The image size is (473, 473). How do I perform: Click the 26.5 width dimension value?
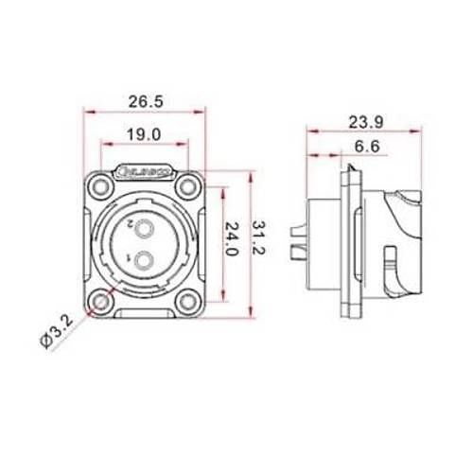(142, 100)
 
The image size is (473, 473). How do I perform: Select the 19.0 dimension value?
(142, 134)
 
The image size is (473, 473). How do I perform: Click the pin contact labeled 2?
(144, 228)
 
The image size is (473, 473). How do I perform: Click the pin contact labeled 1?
(144, 262)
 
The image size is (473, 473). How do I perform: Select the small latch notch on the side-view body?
(391, 256)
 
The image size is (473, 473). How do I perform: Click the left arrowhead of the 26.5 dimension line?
(88, 111)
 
